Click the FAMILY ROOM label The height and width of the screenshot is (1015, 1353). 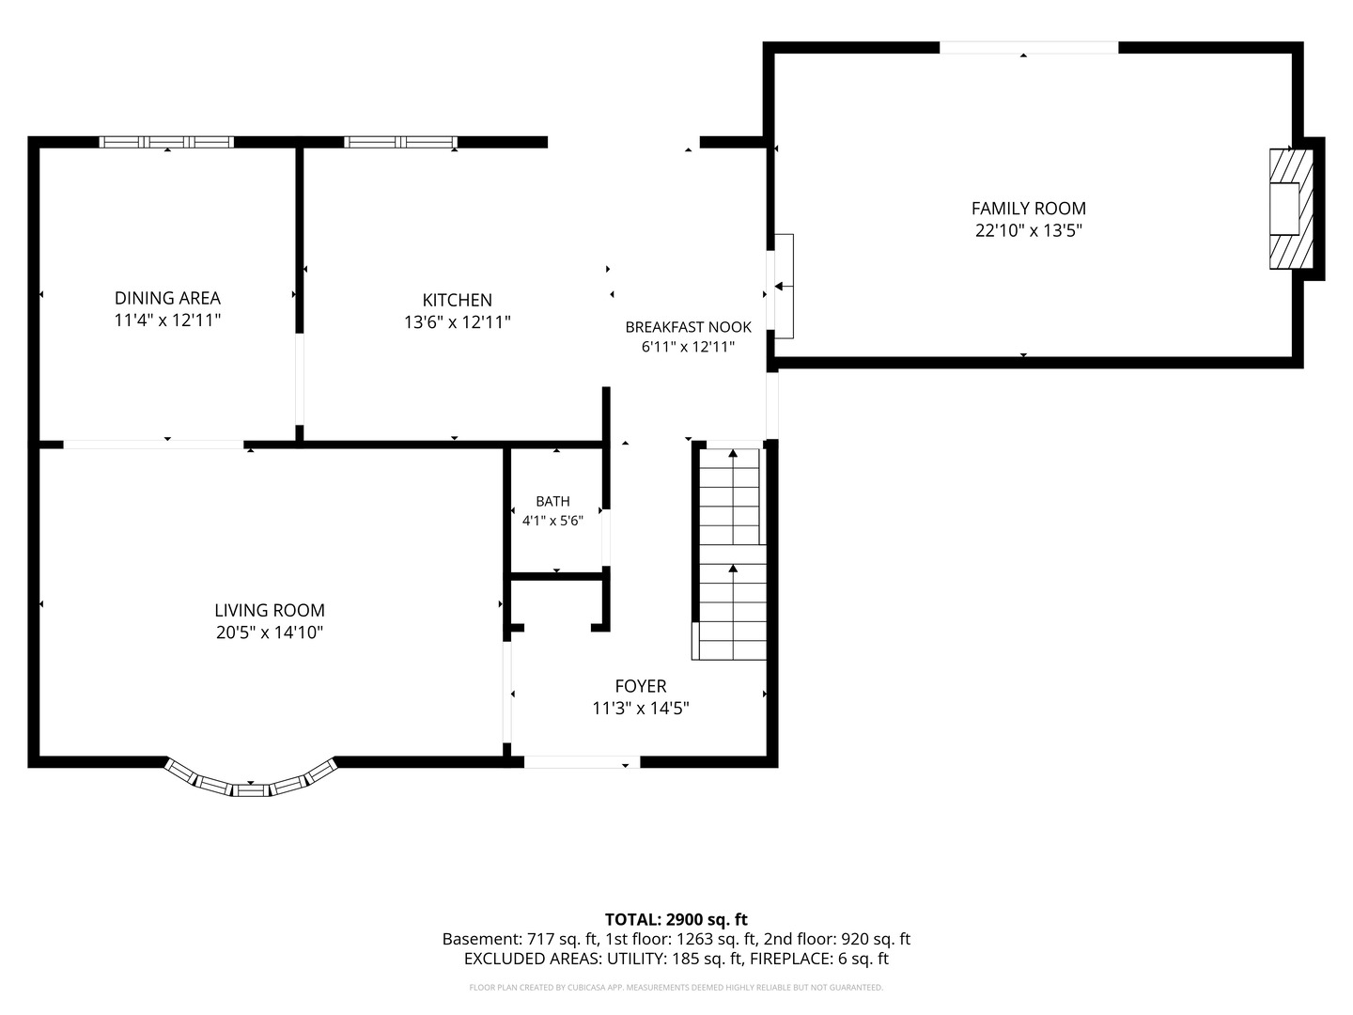coord(1028,209)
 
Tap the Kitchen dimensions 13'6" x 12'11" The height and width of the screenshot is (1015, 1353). coord(458,322)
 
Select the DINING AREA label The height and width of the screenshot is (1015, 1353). coord(167,298)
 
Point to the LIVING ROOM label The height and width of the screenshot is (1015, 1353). coord(270,610)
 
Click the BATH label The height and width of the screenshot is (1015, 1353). coord(552,501)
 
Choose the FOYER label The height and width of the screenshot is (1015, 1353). coord(641,686)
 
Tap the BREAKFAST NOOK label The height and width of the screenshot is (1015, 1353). coord(689,327)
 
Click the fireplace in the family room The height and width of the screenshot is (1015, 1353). coord(1291,209)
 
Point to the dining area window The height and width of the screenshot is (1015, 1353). coord(166,142)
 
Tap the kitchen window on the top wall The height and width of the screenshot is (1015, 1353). coord(400,142)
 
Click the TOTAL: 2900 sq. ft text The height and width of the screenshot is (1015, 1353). coord(676,919)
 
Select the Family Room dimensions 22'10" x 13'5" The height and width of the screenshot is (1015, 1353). coord(1028,230)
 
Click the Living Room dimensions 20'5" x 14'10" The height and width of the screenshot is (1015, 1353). coord(270,632)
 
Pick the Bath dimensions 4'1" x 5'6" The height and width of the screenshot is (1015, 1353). coord(552,521)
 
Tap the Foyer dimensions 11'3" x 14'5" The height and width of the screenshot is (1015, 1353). coord(641,708)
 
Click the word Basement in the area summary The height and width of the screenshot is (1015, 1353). coord(481,939)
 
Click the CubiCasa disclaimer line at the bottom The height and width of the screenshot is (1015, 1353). coord(676,987)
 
